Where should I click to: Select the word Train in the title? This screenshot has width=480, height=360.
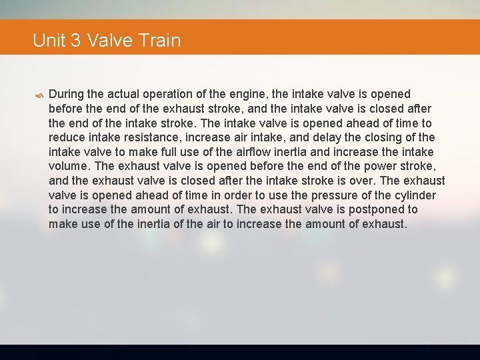[x=160, y=41]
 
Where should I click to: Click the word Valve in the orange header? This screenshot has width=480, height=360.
[x=110, y=41]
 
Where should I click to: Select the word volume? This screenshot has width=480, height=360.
[x=70, y=166]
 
